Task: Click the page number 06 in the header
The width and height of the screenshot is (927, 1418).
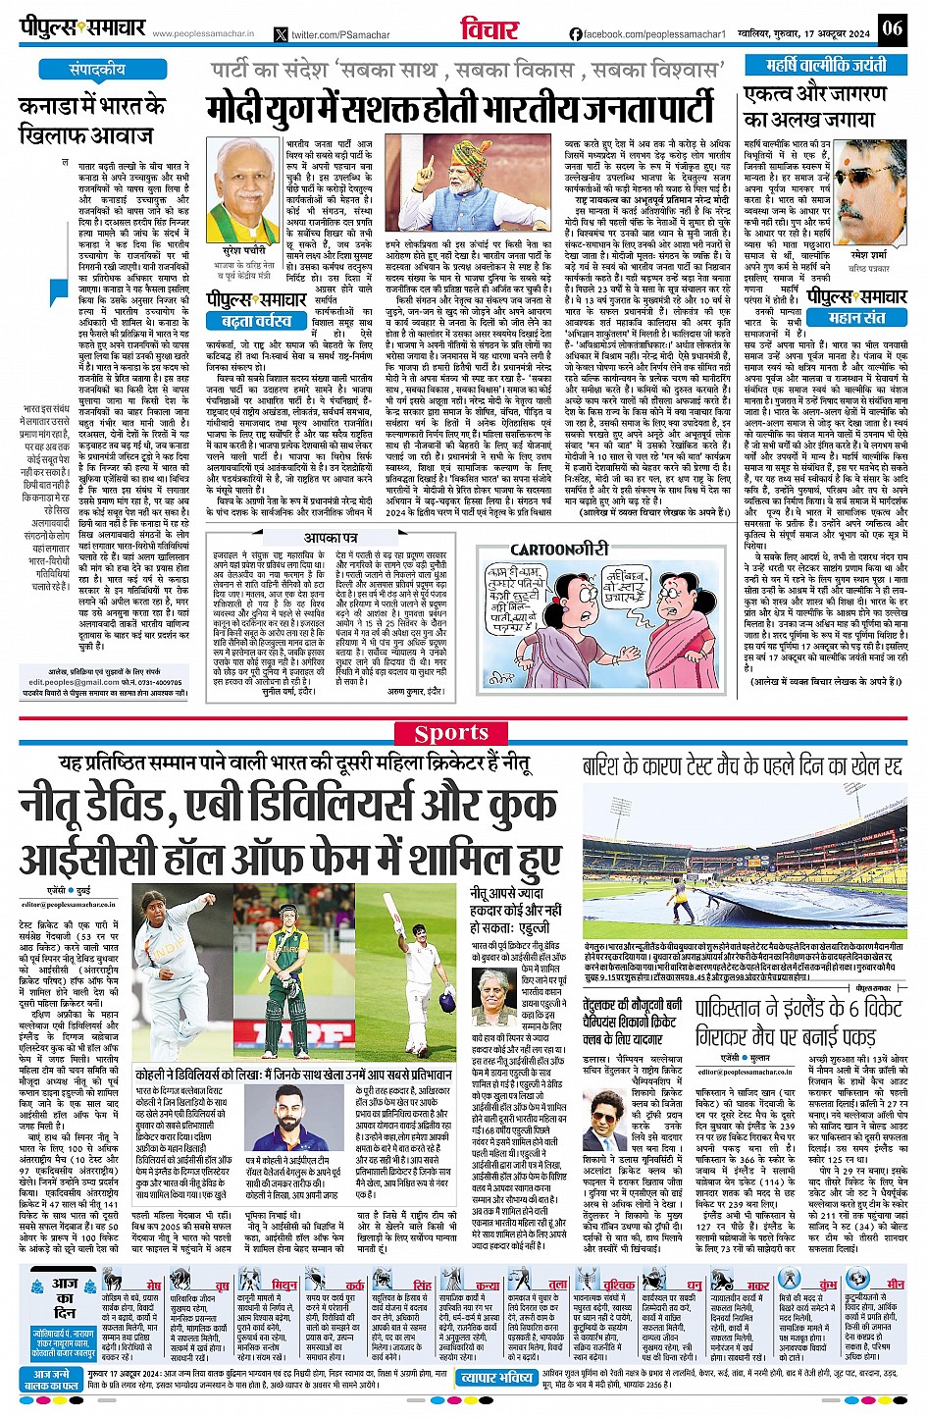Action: coord(892,27)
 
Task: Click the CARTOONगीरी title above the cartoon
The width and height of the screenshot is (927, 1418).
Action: coord(559,550)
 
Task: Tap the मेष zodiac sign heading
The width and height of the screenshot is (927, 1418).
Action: coord(152,1285)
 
